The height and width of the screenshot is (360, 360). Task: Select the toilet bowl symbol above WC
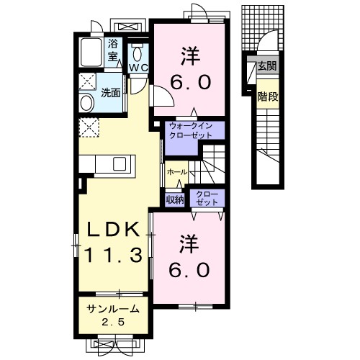pos(138,53)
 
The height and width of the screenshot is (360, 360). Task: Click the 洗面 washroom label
pos(110,92)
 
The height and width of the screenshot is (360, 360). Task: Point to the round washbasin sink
pos(86,102)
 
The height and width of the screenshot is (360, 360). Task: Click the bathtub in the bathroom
pos(91,53)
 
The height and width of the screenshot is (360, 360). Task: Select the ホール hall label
pos(176,173)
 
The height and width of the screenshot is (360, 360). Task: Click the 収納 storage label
pos(175,199)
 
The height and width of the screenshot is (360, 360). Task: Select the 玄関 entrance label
pos(267,67)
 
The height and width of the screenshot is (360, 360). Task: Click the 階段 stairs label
pos(267,96)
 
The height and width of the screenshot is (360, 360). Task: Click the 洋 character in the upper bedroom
pos(191,53)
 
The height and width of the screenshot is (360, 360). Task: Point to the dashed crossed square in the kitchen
pos(90,127)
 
